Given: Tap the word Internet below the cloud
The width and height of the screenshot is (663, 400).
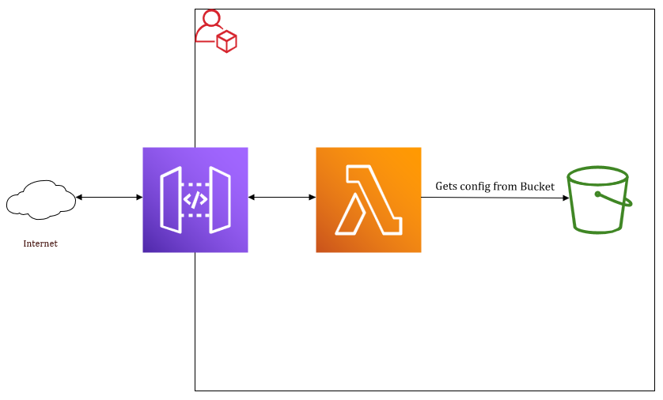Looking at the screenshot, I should (40, 243).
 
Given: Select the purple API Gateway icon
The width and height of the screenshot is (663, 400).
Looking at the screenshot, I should (195, 199).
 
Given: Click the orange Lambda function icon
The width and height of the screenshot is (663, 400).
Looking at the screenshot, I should (368, 199).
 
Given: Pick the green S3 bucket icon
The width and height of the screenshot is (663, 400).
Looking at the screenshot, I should (600, 199).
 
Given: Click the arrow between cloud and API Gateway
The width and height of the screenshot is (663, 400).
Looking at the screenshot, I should (109, 197).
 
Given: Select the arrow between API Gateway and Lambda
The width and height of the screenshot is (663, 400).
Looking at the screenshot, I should (282, 197).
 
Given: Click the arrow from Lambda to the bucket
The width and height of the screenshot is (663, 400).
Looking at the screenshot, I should (494, 198).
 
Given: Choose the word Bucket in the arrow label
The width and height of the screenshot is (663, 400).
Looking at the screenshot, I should (537, 187).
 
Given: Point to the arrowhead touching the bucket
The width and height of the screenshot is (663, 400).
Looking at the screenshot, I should (566, 198).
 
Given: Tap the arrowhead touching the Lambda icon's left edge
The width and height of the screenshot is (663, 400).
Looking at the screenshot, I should (312, 197).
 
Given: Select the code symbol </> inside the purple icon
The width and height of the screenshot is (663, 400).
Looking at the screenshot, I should (195, 199).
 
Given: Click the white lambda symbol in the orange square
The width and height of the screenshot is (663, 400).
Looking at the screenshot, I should (367, 201).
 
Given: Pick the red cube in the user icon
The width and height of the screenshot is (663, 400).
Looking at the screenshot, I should (227, 41).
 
